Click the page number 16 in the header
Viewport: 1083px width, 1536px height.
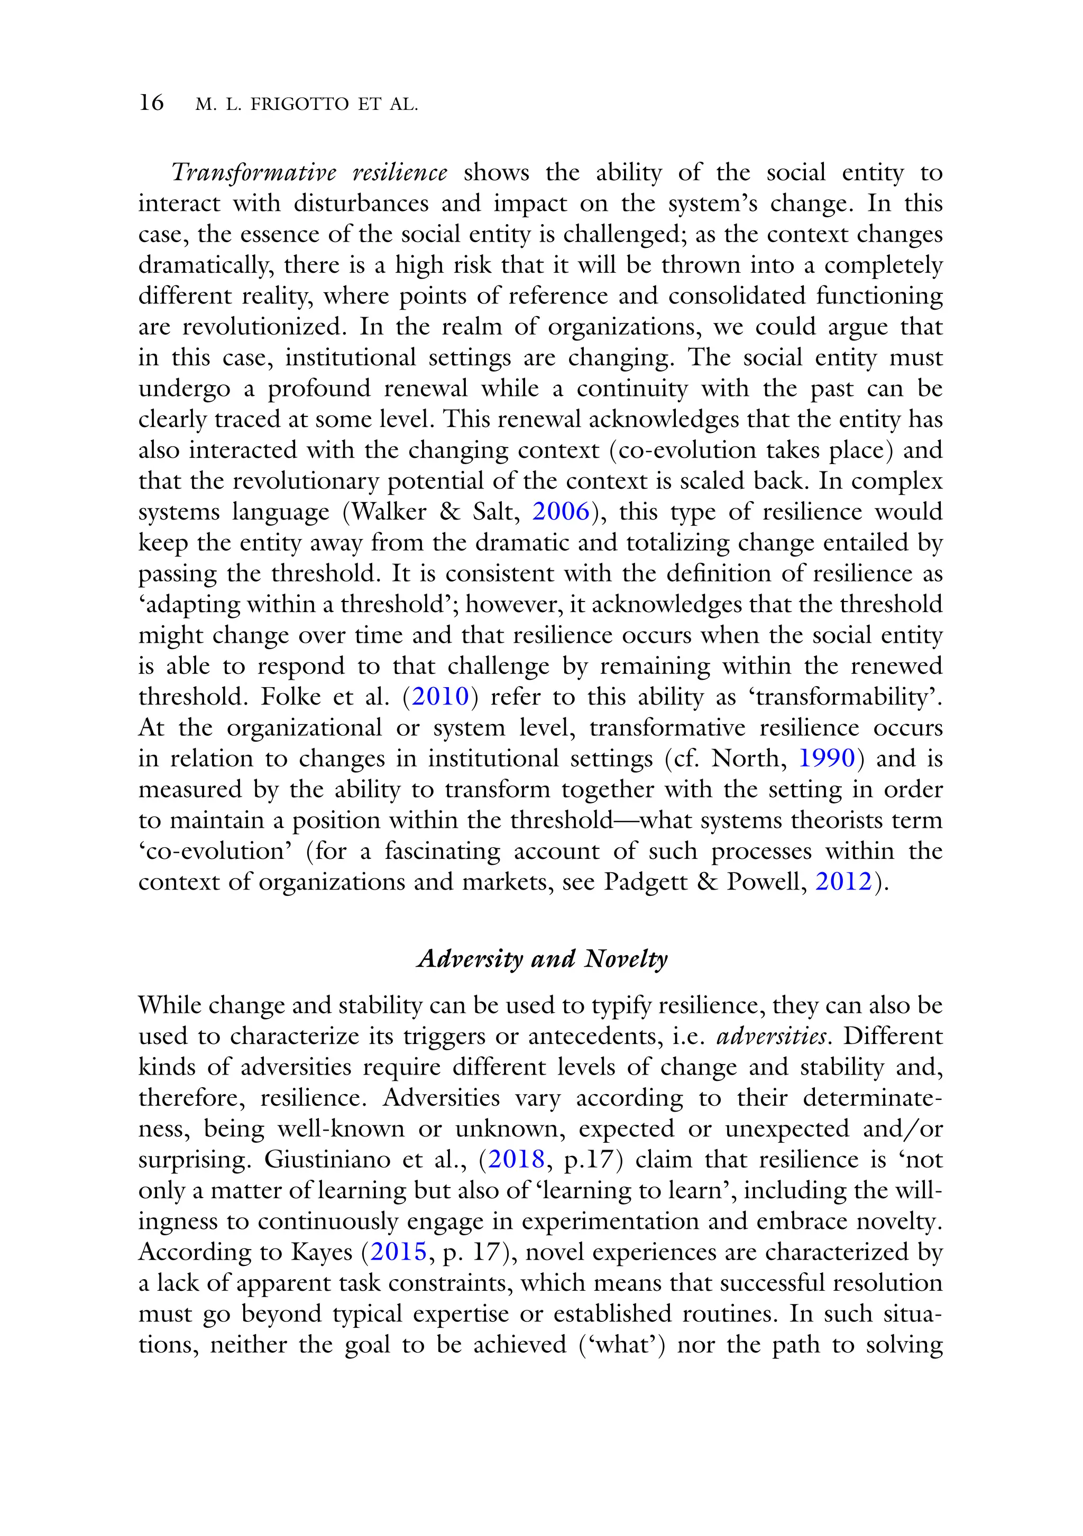click(151, 103)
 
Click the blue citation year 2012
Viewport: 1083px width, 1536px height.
click(843, 882)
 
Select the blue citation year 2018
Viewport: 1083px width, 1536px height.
click(516, 1159)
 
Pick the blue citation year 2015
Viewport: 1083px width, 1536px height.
click(398, 1252)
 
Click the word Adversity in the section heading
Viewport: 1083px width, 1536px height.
click(469, 959)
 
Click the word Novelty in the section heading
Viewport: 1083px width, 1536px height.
click(625, 959)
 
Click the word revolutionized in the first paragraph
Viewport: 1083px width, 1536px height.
click(262, 327)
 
